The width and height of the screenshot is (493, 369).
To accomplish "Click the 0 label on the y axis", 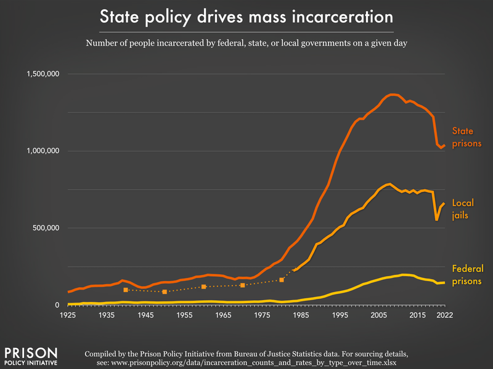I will pos(56,305).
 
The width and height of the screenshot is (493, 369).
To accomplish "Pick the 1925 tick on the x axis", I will pos(68,315).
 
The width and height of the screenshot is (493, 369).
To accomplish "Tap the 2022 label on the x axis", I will pos(444,315).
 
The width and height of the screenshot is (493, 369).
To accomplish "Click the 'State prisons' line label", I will pos(466,137).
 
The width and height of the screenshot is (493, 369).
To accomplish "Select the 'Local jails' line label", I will pos(464,208).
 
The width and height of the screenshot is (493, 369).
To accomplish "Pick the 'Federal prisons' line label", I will pos(468,274).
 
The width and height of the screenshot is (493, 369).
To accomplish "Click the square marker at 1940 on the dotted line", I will pos(126,290).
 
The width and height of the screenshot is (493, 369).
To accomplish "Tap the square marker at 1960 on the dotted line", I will pos(203,287).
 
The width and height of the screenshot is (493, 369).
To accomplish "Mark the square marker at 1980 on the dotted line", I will pos(282,280).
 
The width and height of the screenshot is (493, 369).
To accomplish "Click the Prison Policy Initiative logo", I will pos(31,356).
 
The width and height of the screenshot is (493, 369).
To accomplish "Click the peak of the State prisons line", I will pos(392,94).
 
